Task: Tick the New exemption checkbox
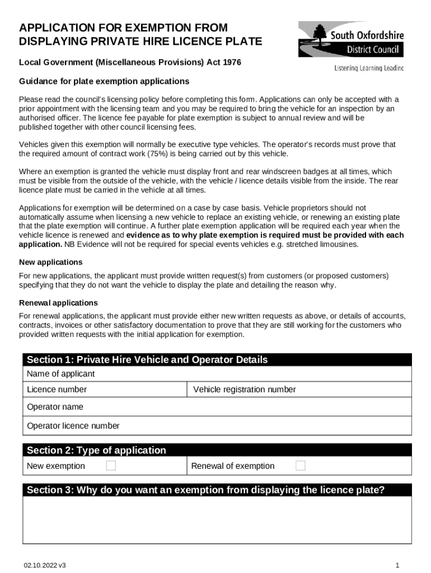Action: point(111,466)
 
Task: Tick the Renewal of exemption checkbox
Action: point(301,466)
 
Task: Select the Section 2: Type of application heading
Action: point(96,450)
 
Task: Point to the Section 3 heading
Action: point(205,490)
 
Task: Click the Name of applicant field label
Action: point(61,374)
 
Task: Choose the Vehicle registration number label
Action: point(244,389)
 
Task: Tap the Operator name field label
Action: point(55,407)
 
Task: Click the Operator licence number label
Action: point(73,426)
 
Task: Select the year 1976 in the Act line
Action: point(231,63)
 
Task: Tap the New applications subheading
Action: point(51,262)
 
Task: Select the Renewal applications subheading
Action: point(58,303)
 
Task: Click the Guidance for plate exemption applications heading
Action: point(104,81)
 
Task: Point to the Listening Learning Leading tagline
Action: point(368,68)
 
